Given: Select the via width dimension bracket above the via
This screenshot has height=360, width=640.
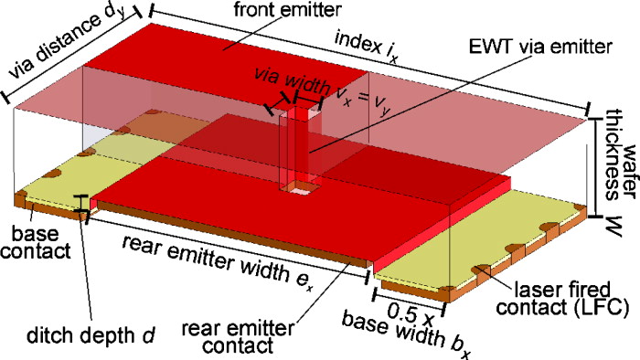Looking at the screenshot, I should (x=293, y=101).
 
